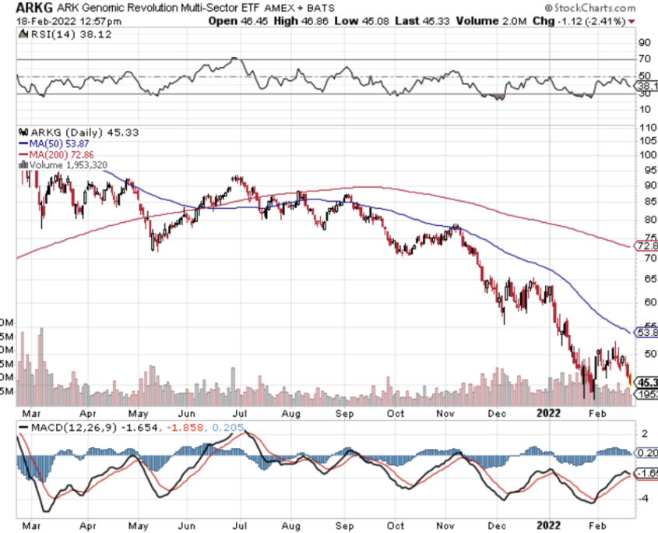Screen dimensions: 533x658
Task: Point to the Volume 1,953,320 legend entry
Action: pos(69,164)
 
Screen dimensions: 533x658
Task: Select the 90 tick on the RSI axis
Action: pos(644,44)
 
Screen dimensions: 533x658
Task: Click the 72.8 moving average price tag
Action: pos(648,246)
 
